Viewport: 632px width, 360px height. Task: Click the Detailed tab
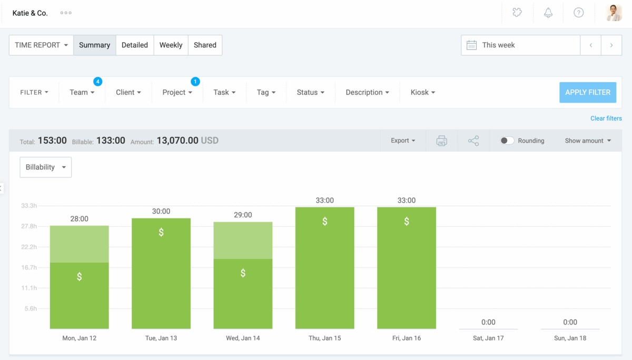click(x=134, y=45)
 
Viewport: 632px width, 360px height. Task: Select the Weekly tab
click(x=171, y=45)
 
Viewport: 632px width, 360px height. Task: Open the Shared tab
click(x=205, y=45)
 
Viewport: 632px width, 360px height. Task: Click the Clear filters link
click(x=606, y=118)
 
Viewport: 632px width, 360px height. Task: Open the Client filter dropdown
click(x=129, y=93)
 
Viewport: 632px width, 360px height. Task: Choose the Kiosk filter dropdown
click(x=422, y=93)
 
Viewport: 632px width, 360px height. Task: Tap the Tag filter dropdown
click(x=266, y=93)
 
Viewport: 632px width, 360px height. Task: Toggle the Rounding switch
click(x=507, y=141)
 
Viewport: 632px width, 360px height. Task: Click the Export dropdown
click(x=403, y=141)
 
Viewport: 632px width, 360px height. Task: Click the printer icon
click(x=441, y=141)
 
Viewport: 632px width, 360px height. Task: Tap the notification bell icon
click(x=548, y=13)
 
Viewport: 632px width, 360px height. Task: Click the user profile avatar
click(x=614, y=13)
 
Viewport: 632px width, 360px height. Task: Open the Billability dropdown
click(x=45, y=167)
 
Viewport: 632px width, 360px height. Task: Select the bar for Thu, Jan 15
click(x=324, y=268)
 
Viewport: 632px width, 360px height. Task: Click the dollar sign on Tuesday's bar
click(x=161, y=232)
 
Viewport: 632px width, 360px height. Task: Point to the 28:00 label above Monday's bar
click(x=80, y=218)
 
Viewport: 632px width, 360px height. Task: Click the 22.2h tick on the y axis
click(x=29, y=247)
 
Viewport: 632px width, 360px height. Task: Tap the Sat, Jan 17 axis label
click(x=488, y=338)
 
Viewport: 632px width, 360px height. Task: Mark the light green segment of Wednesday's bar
click(x=243, y=241)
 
